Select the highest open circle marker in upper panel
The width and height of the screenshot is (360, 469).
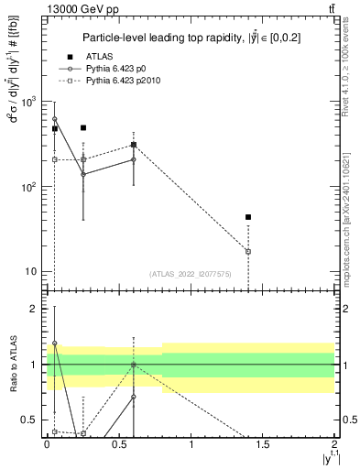pyautogui.click(x=55, y=119)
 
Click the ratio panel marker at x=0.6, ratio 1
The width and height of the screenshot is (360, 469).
pyautogui.click(x=134, y=365)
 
